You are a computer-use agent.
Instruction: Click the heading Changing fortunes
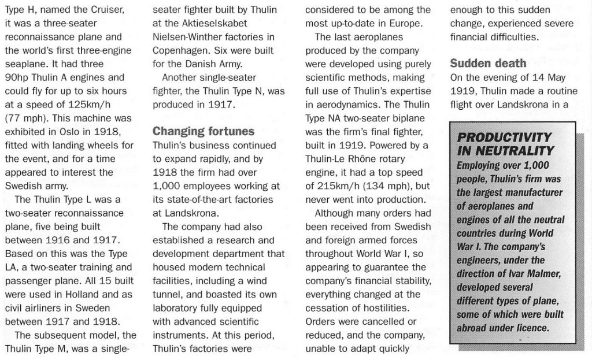[203, 131]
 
